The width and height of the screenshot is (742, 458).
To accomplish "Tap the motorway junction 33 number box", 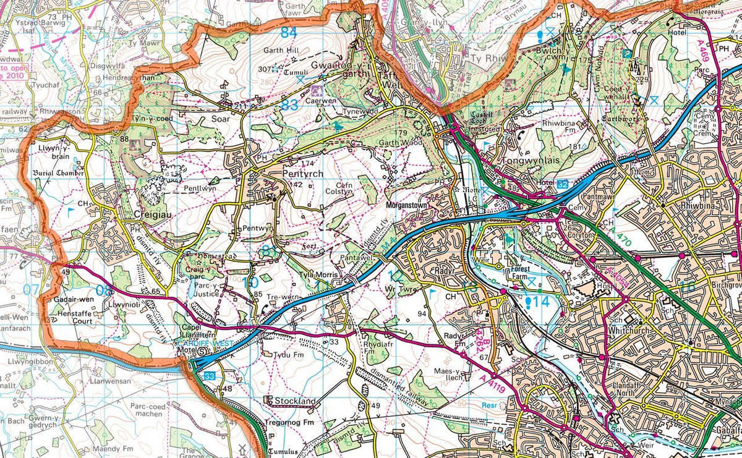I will click(x=210, y=375).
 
